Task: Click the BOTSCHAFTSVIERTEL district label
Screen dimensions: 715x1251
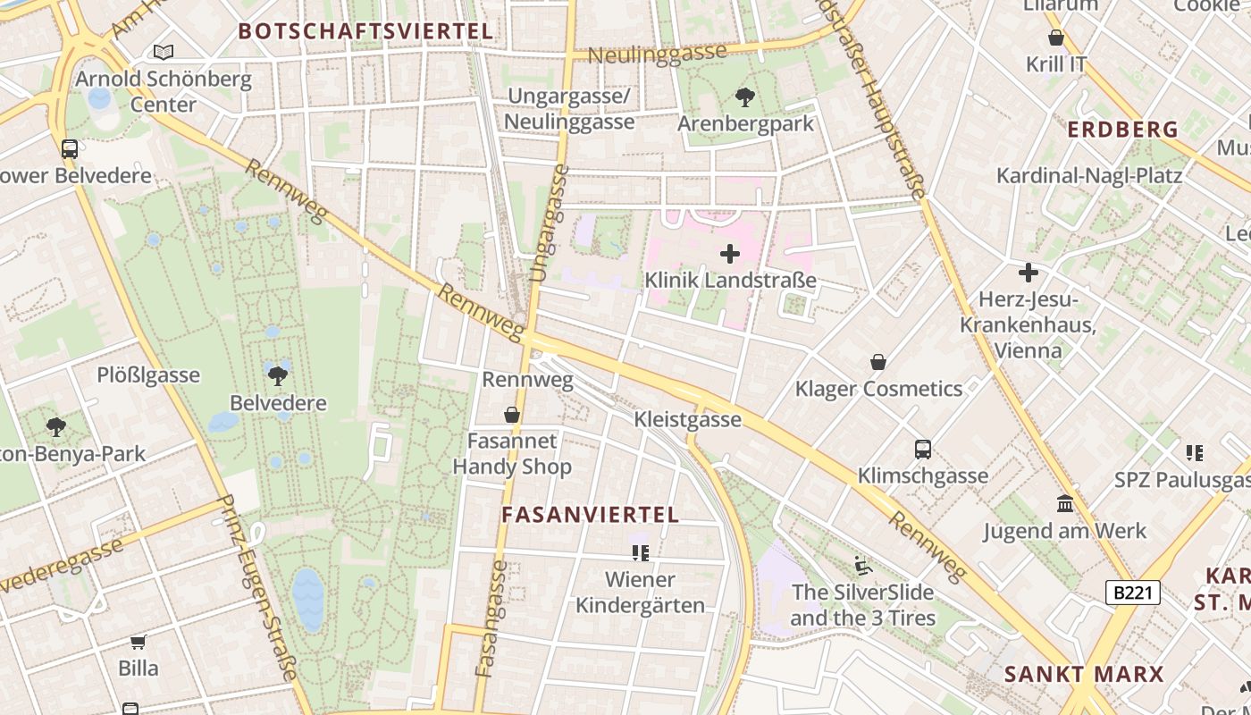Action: pyautogui.click(x=365, y=31)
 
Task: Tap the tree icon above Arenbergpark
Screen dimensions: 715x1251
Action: pyautogui.click(x=744, y=97)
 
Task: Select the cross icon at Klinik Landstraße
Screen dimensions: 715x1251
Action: pyautogui.click(x=730, y=254)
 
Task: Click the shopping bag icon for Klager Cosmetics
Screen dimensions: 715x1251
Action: pyautogui.click(x=878, y=362)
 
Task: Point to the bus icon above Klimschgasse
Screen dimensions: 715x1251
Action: pyautogui.click(x=923, y=449)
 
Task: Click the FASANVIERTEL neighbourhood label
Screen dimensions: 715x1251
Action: pyautogui.click(x=590, y=515)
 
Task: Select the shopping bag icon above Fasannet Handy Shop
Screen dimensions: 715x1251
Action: pyautogui.click(x=512, y=415)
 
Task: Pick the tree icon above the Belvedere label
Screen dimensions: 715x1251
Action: pyautogui.click(x=278, y=375)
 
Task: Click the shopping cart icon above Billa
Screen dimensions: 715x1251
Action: pyautogui.click(x=139, y=642)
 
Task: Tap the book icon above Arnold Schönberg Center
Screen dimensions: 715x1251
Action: pyautogui.click(x=163, y=52)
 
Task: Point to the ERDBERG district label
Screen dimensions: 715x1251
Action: pyautogui.click(x=1123, y=130)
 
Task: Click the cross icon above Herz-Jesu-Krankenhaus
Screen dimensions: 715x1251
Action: pyautogui.click(x=1029, y=272)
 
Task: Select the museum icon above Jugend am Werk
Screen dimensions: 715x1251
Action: pyautogui.click(x=1064, y=504)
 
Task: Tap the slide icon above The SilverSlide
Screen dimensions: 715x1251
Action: pyautogui.click(x=862, y=565)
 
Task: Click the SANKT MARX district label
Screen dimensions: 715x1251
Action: pyautogui.click(x=1084, y=674)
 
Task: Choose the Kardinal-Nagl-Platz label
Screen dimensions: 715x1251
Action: pyautogui.click(x=1089, y=175)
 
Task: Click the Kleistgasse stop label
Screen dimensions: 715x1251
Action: pyautogui.click(x=687, y=419)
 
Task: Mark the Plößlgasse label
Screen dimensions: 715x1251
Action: pyautogui.click(x=148, y=374)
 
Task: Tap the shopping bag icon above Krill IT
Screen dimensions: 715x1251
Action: pyautogui.click(x=1056, y=38)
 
